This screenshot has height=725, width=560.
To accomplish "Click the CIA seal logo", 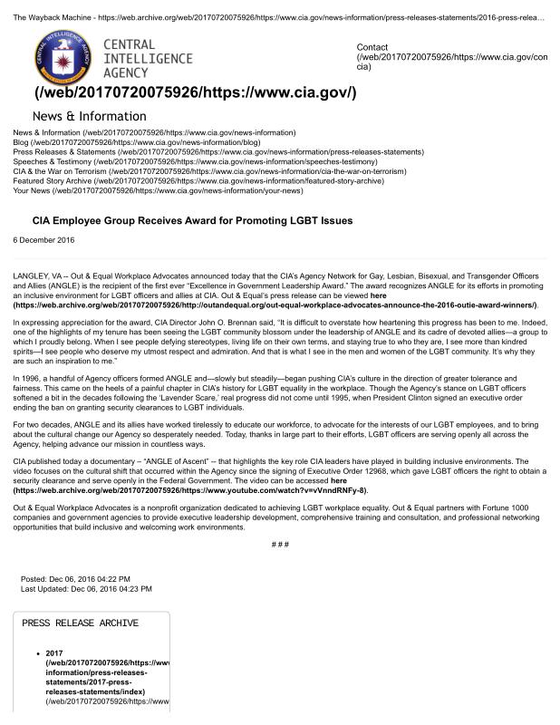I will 63,57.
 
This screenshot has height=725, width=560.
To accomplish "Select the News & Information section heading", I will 88,116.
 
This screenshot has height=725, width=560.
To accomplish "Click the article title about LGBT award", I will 192,220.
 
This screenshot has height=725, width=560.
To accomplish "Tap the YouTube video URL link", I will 189,490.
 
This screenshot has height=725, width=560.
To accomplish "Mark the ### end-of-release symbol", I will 280,543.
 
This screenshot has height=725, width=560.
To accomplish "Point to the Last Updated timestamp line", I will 86,588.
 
